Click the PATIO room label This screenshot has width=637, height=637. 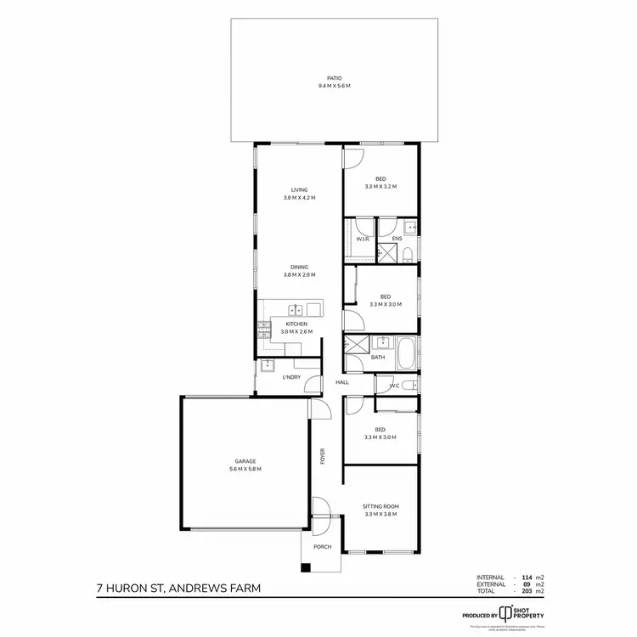[x=334, y=78]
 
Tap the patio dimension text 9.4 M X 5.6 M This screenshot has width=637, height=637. [x=334, y=86]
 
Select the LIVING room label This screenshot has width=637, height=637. [x=299, y=189]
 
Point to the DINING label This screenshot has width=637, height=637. [x=299, y=267]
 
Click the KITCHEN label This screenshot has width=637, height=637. [x=296, y=324]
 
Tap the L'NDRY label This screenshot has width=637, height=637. [x=291, y=377]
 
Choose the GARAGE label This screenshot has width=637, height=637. [x=245, y=461]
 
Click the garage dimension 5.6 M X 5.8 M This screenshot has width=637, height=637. [x=245, y=469]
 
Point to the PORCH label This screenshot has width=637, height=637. [x=323, y=547]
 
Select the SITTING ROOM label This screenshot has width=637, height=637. [x=381, y=506]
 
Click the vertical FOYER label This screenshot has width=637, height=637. [x=323, y=456]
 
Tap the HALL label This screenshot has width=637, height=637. [x=342, y=383]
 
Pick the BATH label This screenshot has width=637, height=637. [x=378, y=358]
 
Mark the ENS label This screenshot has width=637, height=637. [x=397, y=240]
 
